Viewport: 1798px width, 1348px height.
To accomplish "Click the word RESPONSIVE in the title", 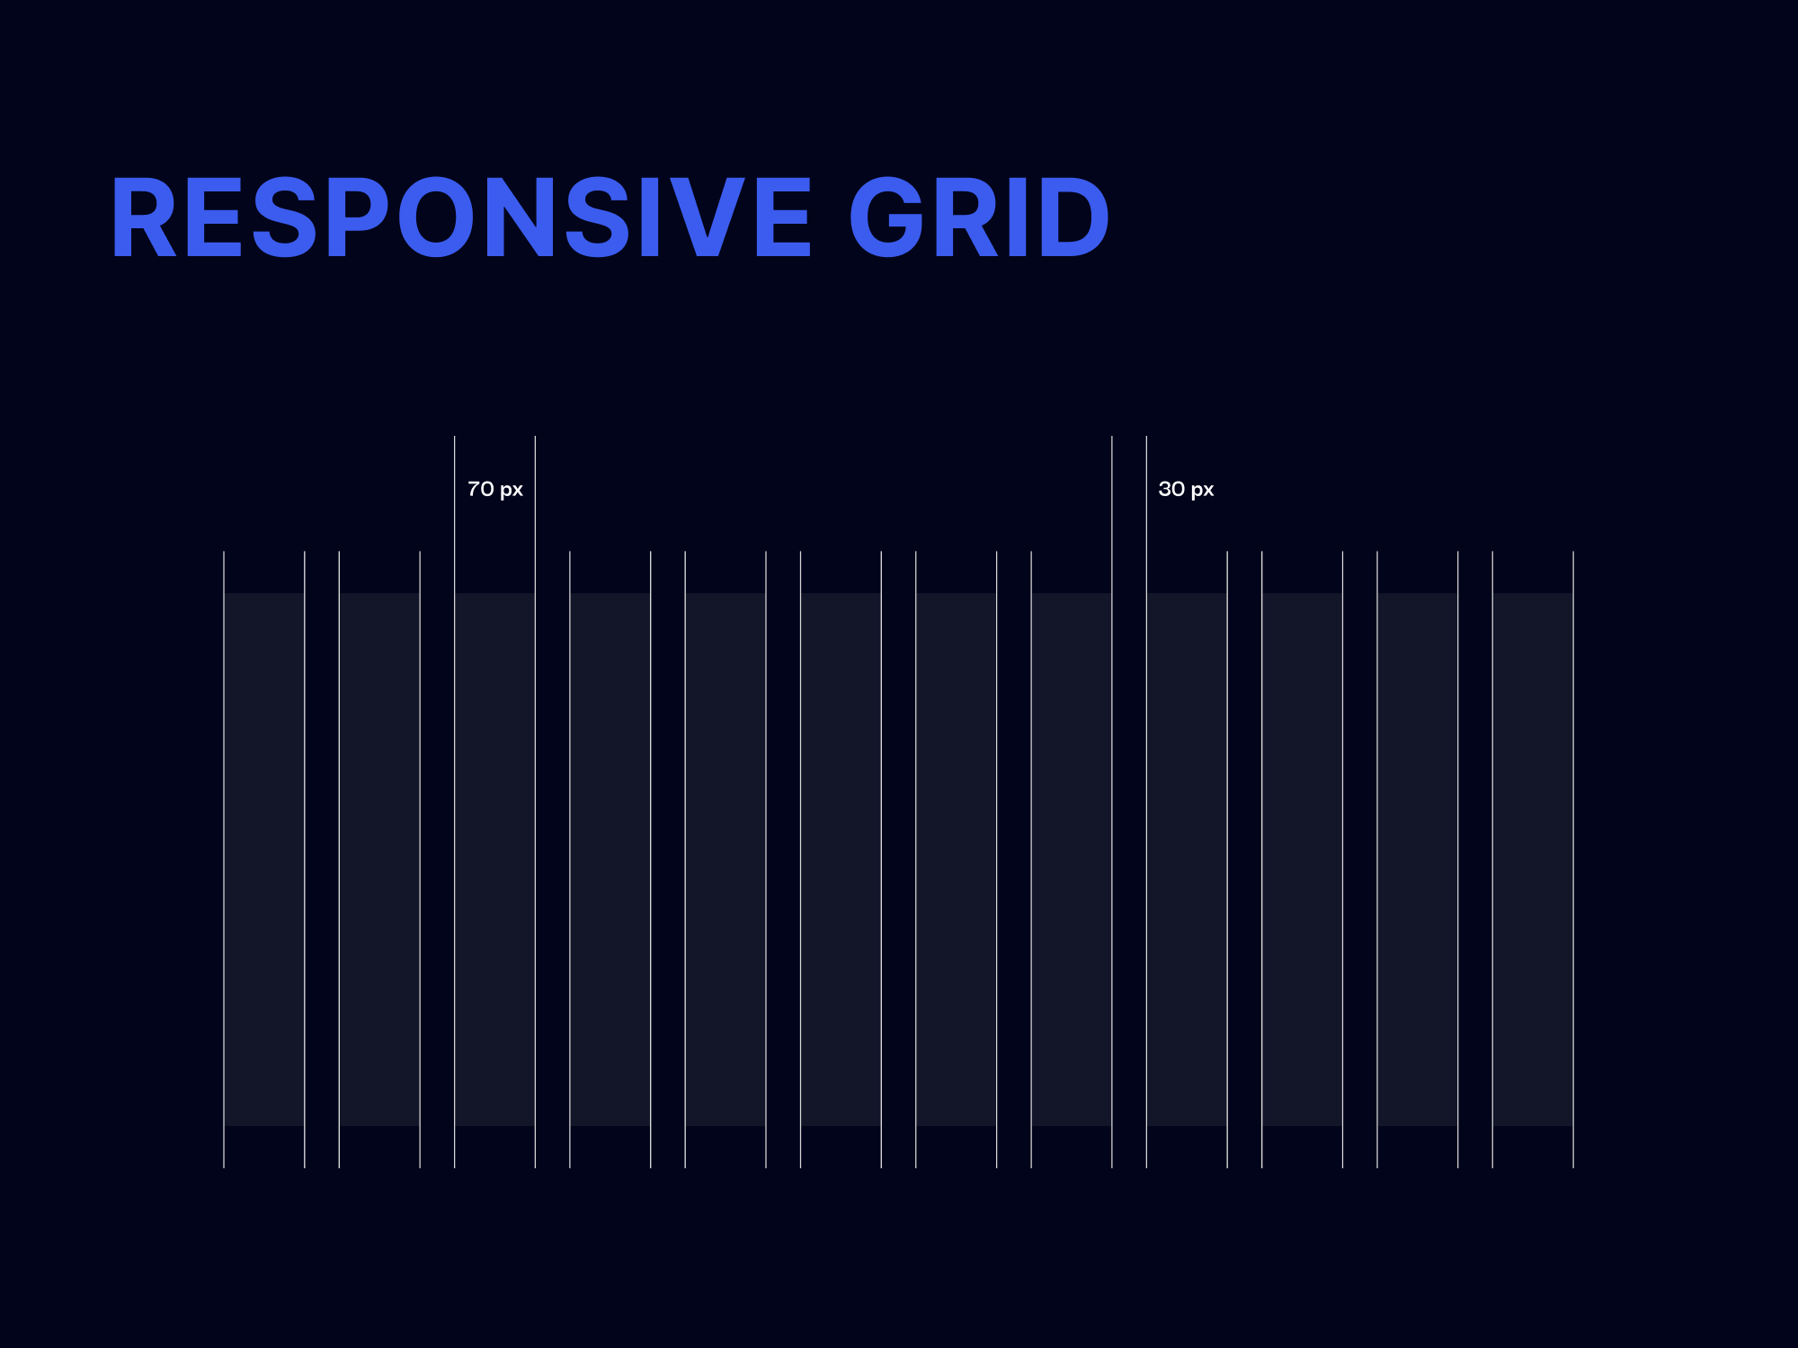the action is click(461, 218).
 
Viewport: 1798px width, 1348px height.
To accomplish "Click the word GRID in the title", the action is click(979, 218).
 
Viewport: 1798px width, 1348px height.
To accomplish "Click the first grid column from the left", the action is click(264, 859).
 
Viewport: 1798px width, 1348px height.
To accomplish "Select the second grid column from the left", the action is click(379, 859).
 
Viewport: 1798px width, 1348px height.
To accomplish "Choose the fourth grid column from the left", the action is click(610, 859).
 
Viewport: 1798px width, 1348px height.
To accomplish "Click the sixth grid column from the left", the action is click(841, 859).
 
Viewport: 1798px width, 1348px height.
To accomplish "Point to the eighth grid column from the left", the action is click(1072, 859).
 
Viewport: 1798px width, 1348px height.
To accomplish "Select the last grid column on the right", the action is click(1533, 859).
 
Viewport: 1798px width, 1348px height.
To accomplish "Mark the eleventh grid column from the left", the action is click(1418, 859).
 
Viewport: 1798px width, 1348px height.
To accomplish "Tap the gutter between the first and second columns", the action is click(322, 859).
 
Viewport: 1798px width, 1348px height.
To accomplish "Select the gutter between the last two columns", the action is click(1475, 859).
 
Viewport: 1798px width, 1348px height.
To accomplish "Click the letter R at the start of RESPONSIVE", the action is click(144, 218).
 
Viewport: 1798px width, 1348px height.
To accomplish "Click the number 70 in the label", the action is click(481, 489).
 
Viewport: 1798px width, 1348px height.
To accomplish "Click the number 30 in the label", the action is click(1171, 489).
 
